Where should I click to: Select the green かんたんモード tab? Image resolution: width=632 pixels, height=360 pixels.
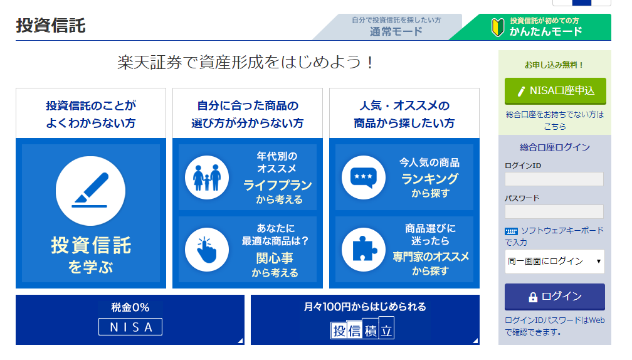536,26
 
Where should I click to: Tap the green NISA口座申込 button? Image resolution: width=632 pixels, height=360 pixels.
555,91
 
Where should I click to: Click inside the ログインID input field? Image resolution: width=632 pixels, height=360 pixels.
554,179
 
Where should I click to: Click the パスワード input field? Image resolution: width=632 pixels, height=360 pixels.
554,211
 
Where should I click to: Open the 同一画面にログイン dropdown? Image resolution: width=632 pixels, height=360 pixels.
555,262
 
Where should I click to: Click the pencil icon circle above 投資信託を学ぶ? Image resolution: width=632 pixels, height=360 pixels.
91,191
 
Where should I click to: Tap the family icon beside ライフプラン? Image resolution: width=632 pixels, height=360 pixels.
207,177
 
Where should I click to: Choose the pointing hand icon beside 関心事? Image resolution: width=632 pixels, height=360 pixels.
207,250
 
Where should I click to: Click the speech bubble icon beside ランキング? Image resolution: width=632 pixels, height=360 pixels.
364,177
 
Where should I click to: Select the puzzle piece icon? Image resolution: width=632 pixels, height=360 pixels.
364,250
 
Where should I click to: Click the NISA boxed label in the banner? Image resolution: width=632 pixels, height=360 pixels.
130,327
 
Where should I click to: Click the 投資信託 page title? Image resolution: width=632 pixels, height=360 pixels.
51,25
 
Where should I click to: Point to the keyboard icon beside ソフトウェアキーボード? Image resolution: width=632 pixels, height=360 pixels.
511,231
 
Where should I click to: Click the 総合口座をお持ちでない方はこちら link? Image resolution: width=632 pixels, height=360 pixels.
555,120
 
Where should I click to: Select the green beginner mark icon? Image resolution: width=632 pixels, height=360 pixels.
498,27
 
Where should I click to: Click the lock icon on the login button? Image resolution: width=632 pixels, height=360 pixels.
533,297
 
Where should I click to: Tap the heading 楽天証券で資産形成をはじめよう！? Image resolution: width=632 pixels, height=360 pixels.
245,63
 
